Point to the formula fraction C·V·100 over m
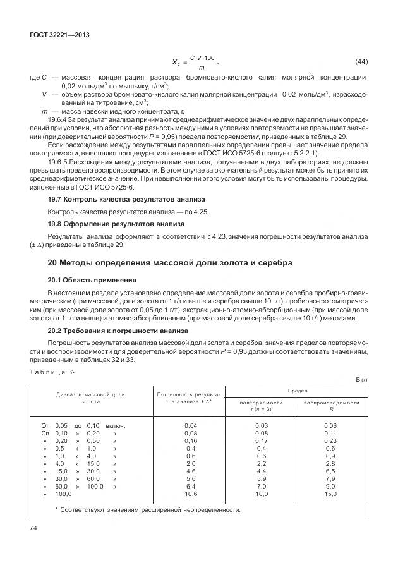(202, 62)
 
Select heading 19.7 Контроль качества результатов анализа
(108, 198)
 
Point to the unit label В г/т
(361, 379)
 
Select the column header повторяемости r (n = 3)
(261, 405)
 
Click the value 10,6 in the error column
(190, 494)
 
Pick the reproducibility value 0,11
(330, 434)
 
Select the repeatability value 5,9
(261, 479)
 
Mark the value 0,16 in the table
(190, 441)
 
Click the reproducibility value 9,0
(330, 487)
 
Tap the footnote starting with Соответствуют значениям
(148, 510)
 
